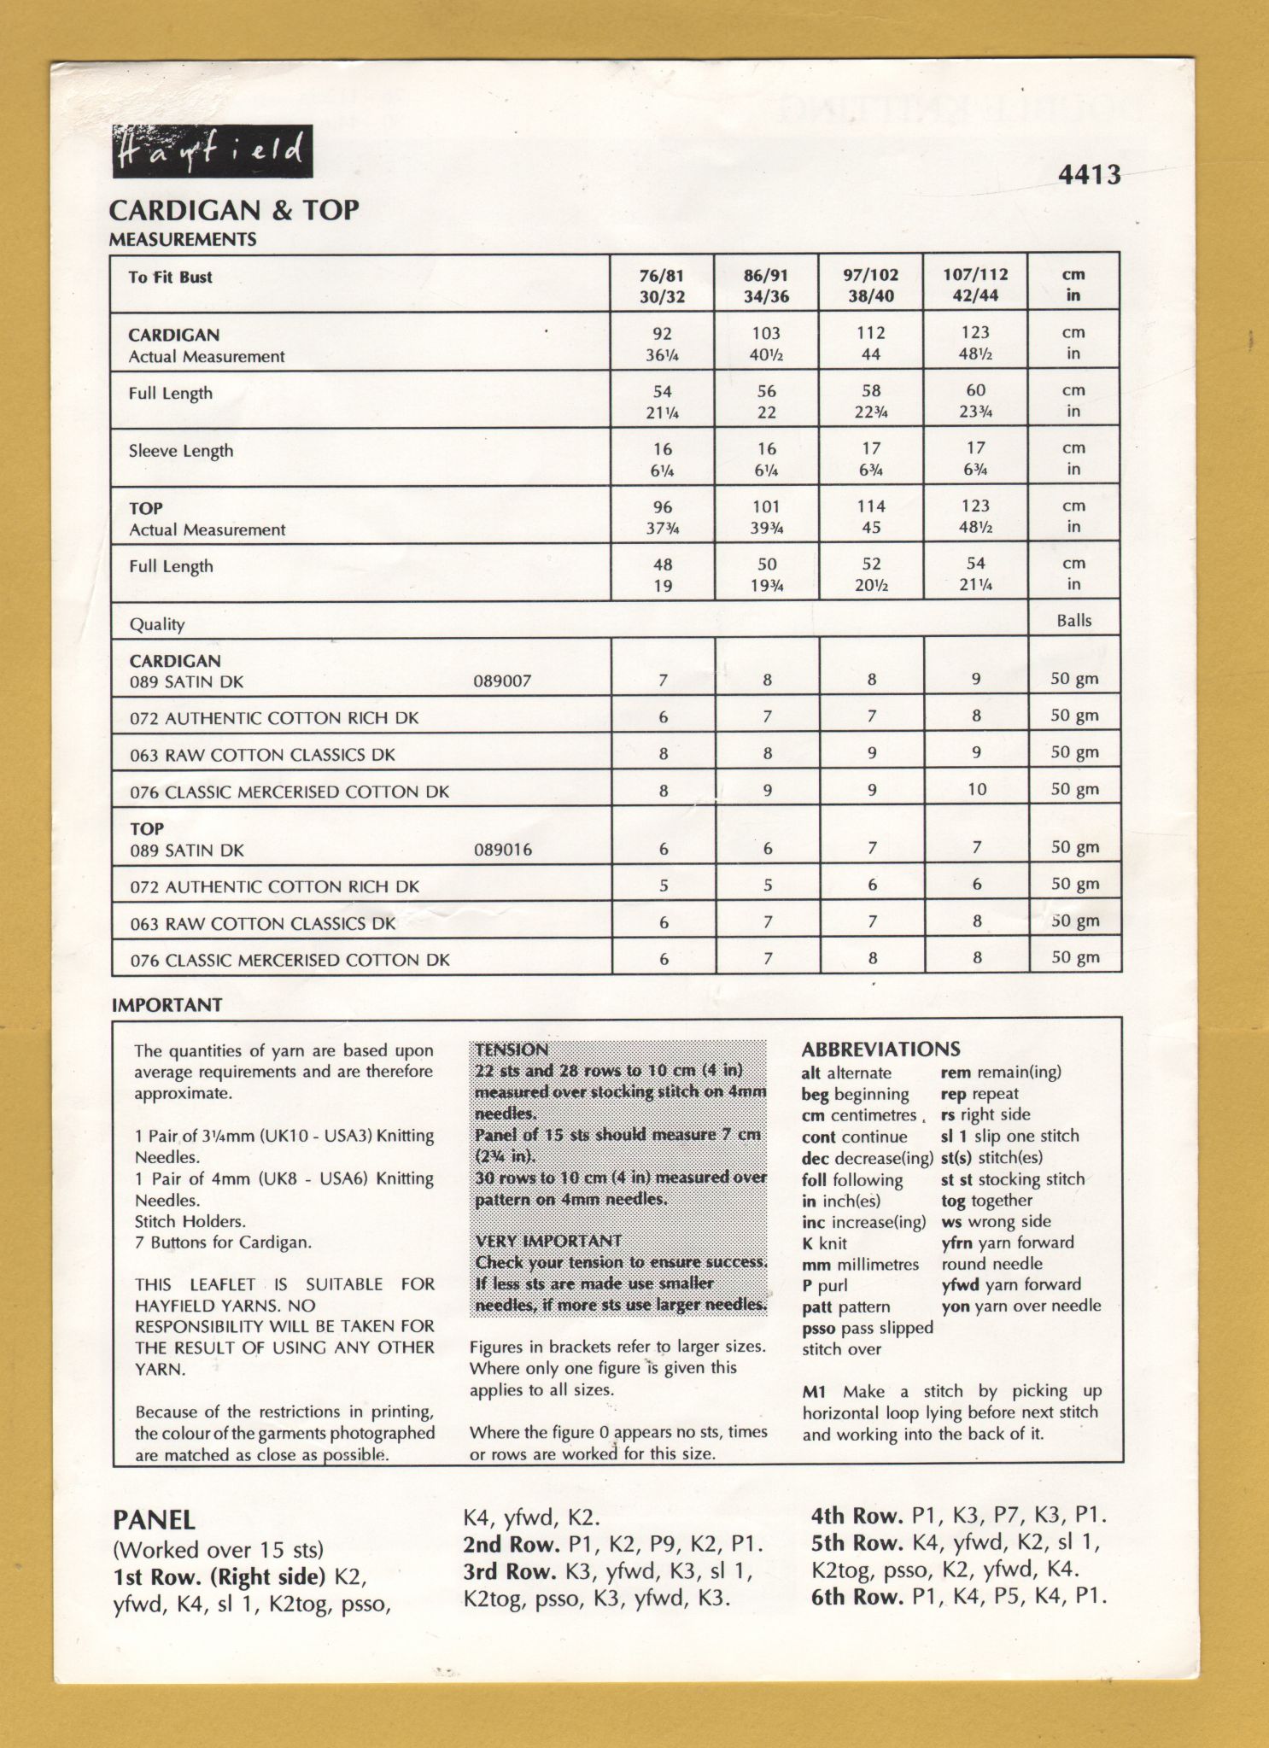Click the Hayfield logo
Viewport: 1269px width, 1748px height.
[212, 152]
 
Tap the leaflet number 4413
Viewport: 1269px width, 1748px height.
[1089, 175]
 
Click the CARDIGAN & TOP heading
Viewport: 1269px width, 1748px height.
[234, 210]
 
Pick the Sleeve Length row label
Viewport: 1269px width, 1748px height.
[181, 451]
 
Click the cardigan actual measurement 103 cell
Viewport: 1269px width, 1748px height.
[766, 334]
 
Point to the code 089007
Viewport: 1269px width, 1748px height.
[502, 681]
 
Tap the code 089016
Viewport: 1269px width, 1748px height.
[502, 850]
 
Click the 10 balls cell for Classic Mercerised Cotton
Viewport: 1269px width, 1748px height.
[976, 789]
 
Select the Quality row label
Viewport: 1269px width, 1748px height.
[157, 624]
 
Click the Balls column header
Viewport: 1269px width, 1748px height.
[1073, 621]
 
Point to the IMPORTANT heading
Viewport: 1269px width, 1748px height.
[167, 1005]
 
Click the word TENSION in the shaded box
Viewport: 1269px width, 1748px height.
[512, 1049]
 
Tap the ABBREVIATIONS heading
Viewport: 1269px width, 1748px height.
[880, 1049]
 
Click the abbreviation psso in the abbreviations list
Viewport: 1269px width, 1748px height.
[819, 1328]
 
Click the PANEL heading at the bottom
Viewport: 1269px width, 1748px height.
[155, 1520]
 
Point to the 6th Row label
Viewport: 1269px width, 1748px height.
[857, 1597]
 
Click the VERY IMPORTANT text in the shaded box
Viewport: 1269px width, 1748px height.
[548, 1241]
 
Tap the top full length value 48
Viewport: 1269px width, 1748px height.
[662, 564]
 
